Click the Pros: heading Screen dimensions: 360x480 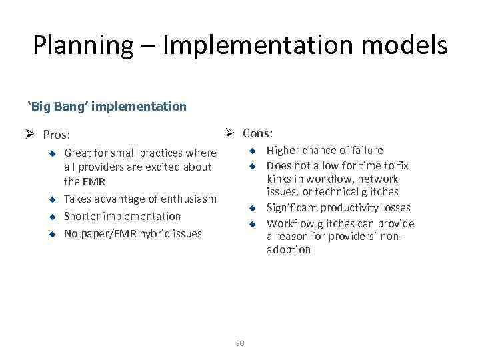[x=56, y=134]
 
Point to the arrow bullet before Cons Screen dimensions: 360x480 [x=231, y=132]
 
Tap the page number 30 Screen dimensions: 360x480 [x=240, y=343]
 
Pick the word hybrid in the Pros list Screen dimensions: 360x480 [x=155, y=233]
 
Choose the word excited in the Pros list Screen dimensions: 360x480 [x=161, y=167]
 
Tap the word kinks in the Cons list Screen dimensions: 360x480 [x=280, y=179]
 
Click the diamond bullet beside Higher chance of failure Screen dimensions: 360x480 [x=253, y=151]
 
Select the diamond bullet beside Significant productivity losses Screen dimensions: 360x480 [x=253, y=208]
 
